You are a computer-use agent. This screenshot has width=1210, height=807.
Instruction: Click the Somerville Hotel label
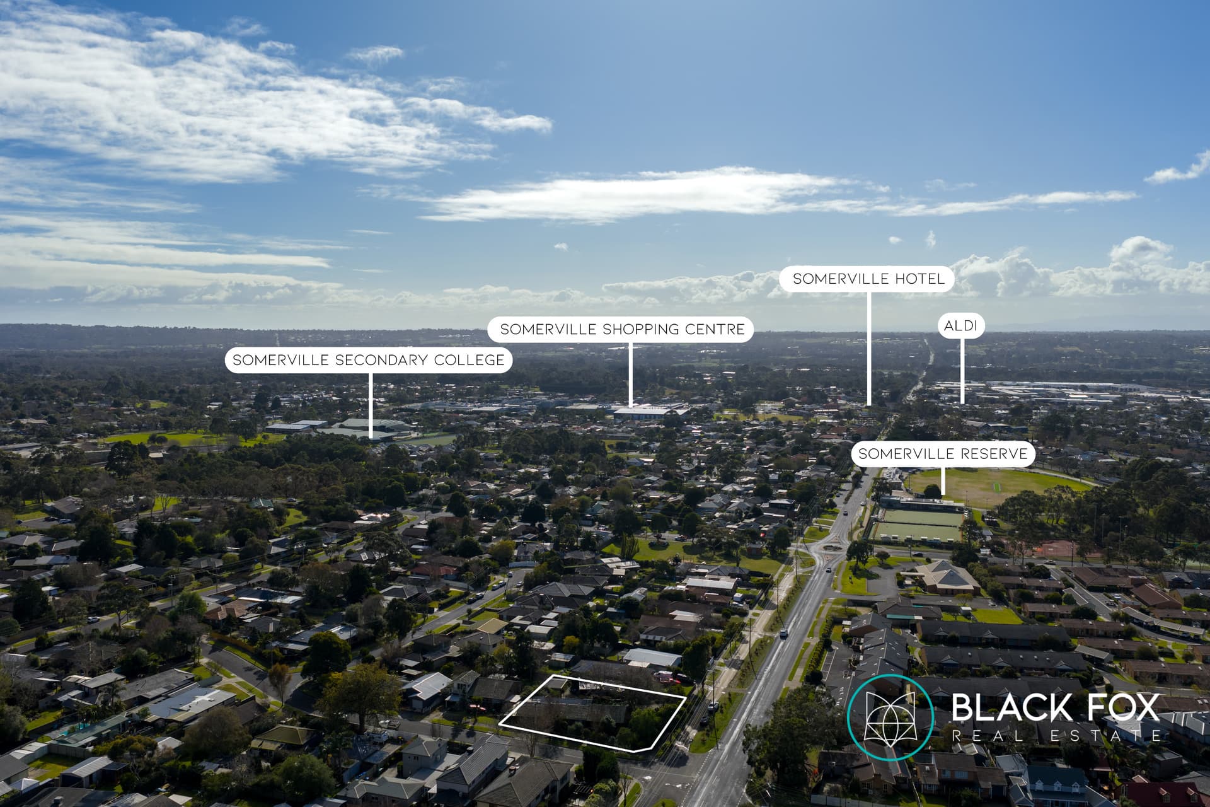[x=867, y=279]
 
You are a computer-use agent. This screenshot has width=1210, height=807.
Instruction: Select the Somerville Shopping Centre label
[x=621, y=329]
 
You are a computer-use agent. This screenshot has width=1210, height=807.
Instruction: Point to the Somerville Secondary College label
[x=369, y=360]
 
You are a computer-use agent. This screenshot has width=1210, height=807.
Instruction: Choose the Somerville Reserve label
[x=943, y=453]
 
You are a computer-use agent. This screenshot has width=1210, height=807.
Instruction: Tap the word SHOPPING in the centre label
[x=631, y=329]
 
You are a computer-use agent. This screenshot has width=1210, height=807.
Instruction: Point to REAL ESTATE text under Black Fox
[x=1056, y=735]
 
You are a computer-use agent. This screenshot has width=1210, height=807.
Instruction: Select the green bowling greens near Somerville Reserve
[x=918, y=525]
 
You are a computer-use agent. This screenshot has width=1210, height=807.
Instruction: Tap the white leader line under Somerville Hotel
[x=869, y=348]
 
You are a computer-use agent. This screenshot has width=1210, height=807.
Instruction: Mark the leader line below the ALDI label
[x=962, y=371]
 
